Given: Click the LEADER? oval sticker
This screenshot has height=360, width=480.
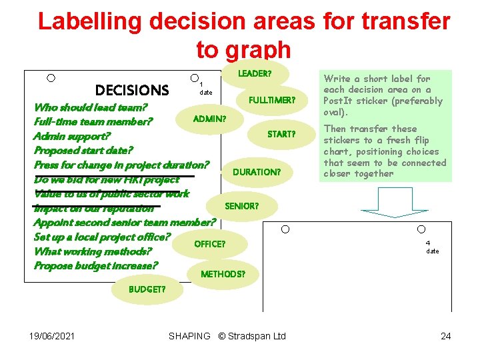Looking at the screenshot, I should pyautogui.click(x=254, y=73).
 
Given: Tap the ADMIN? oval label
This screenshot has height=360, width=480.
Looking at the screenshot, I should pyautogui.click(x=209, y=119).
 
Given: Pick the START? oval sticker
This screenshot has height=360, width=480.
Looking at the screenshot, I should pyautogui.click(x=281, y=134).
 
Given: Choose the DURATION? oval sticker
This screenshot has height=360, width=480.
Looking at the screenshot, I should pyautogui.click(x=256, y=172).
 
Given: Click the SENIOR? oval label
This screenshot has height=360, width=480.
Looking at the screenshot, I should pyautogui.click(x=241, y=206).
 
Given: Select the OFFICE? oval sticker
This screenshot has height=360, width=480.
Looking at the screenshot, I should pyautogui.click(x=209, y=244).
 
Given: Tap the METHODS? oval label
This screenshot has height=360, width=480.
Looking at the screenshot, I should pyautogui.click(x=223, y=274).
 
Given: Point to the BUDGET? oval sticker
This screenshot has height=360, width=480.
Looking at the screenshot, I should pyautogui.click(x=147, y=289).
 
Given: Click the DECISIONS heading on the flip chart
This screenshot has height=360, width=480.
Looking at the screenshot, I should pyautogui.click(x=132, y=90).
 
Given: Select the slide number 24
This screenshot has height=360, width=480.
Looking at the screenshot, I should pyautogui.click(x=445, y=336).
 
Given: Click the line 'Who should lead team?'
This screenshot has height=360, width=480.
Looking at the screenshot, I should pyautogui.click(x=91, y=107).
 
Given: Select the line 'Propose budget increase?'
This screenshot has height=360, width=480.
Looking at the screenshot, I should pyautogui.click(x=96, y=266).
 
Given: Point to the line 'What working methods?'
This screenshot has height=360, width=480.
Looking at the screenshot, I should pyautogui.click(x=93, y=251).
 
